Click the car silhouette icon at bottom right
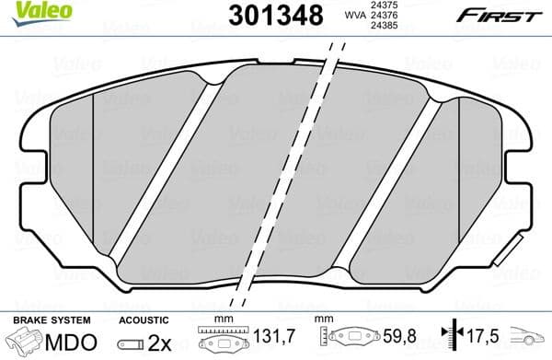click(532, 338)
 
